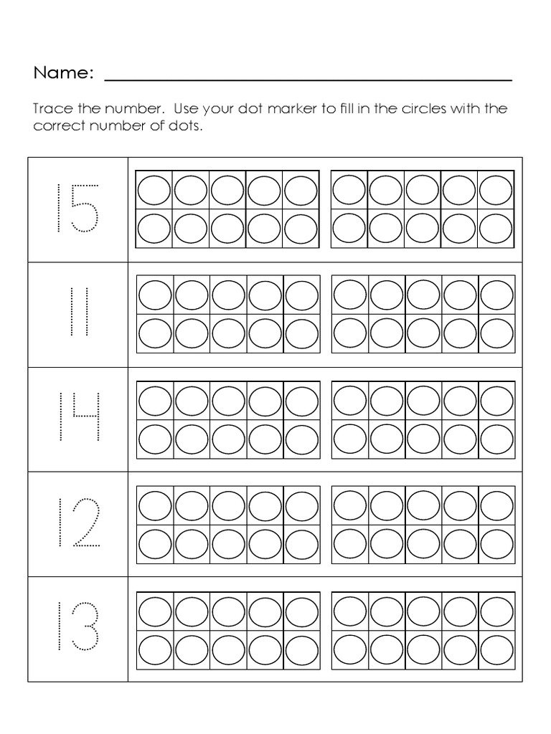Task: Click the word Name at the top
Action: pyautogui.click(x=63, y=72)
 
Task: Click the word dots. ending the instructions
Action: pyautogui.click(x=185, y=126)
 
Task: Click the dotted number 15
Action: pyautogui.click(x=77, y=208)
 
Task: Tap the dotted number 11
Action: pyautogui.click(x=78, y=313)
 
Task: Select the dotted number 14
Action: pyautogui.click(x=77, y=418)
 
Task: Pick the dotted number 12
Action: pyautogui.click(x=77, y=523)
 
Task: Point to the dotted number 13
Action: pyautogui.click(x=77, y=628)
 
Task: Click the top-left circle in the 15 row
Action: pyautogui.click(x=154, y=191)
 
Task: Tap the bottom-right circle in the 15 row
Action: pyautogui.click(x=496, y=229)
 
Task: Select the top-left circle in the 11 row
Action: pyautogui.click(x=154, y=295)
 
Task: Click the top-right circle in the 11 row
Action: pyautogui.click(x=496, y=295)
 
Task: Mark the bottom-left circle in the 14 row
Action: pyautogui.click(x=154, y=439)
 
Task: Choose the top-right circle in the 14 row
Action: pyautogui.click(x=496, y=401)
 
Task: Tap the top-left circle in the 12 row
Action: pyautogui.click(x=154, y=506)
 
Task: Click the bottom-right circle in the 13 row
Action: pyautogui.click(x=496, y=649)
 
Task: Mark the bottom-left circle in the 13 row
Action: pyautogui.click(x=154, y=649)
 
